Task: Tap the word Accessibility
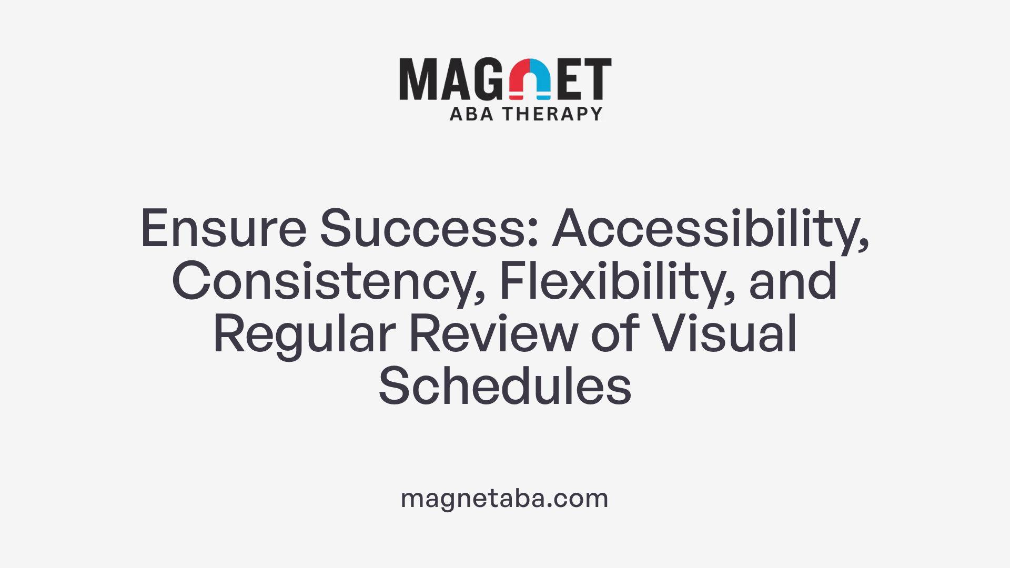pyautogui.click(x=710, y=229)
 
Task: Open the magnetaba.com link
pyautogui.click(x=504, y=498)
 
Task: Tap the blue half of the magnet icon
pyautogui.click(x=541, y=79)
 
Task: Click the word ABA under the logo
pyautogui.click(x=471, y=114)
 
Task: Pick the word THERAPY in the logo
pyautogui.click(x=552, y=114)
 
